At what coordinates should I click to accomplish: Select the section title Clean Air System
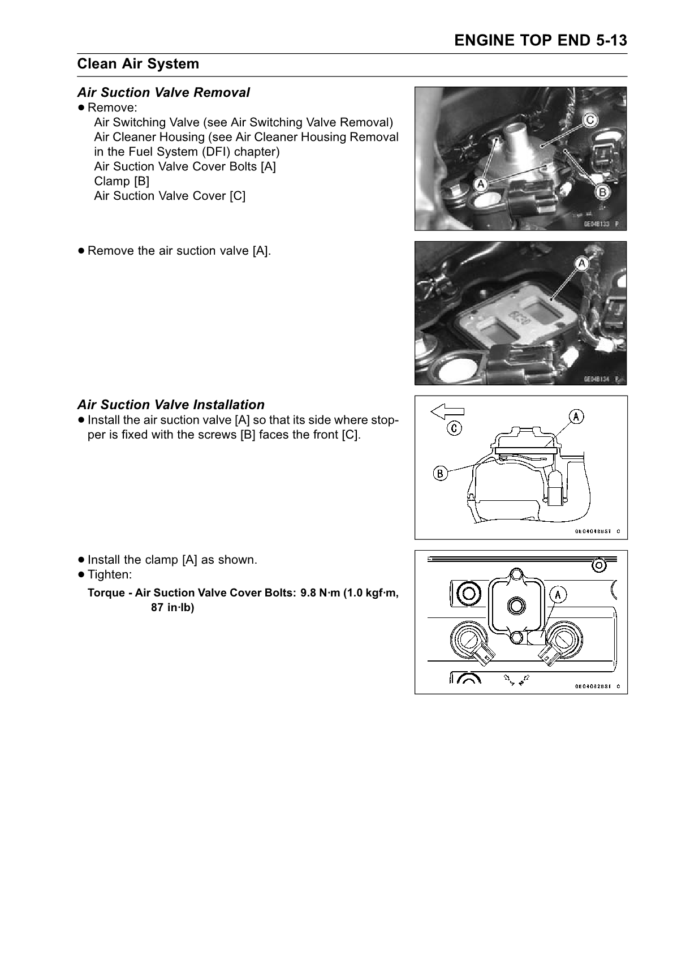tap(139, 64)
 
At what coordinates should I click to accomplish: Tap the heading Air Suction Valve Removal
tap(163, 92)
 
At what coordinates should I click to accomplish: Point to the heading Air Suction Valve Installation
tap(171, 405)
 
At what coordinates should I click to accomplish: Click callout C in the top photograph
tap(589, 120)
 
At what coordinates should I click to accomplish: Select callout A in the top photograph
tap(480, 184)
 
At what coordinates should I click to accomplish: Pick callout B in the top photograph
tap(603, 192)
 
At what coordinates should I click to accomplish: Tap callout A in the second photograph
tap(581, 264)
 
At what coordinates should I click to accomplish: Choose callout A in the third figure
tap(576, 417)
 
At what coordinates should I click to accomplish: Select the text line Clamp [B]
tap(122, 181)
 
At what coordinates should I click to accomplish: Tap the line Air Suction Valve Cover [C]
tap(170, 196)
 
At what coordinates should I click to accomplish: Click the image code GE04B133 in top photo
tap(598, 224)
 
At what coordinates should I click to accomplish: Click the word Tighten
tap(110, 574)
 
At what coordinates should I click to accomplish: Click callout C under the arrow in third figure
tap(454, 427)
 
